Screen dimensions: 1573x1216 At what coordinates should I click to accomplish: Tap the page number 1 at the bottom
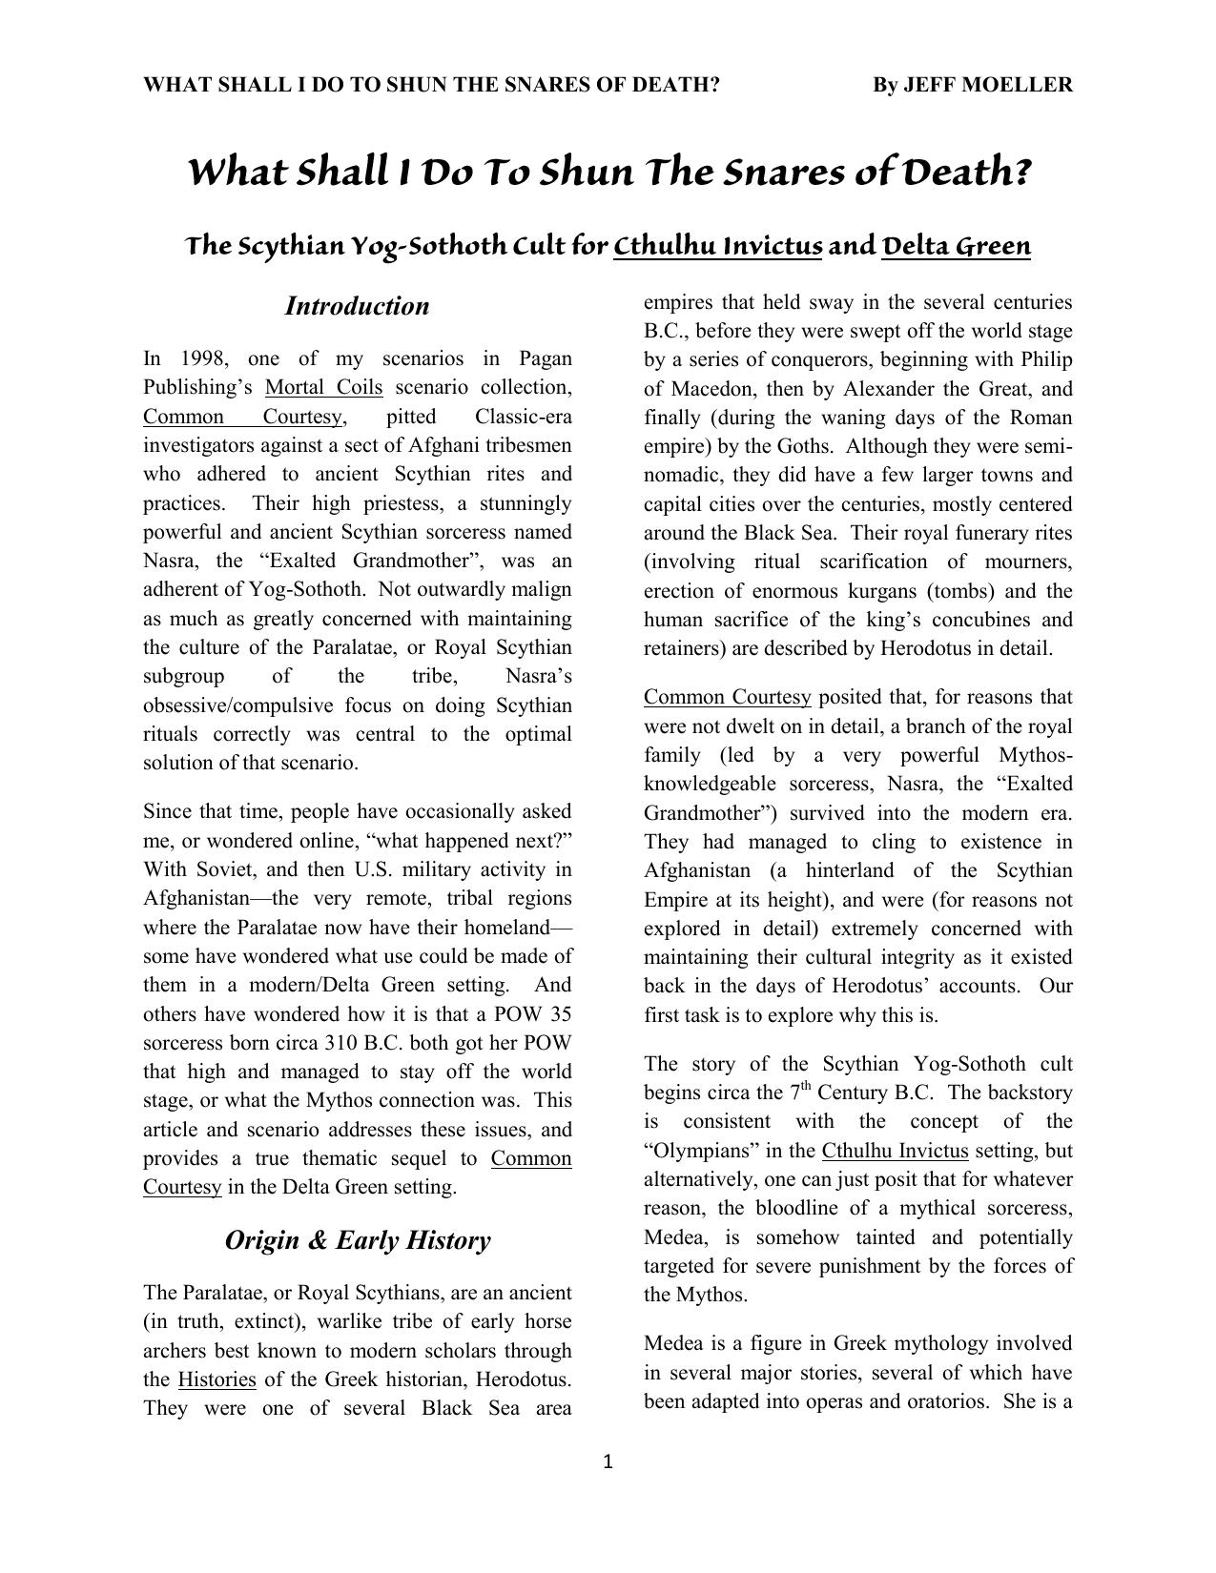click(608, 1462)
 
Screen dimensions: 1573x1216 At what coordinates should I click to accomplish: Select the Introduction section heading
click(357, 306)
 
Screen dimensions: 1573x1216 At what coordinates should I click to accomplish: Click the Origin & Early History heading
click(357, 1240)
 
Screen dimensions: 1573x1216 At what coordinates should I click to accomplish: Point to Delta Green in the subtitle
click(957, 247)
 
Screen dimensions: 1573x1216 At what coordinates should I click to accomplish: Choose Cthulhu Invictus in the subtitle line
click(718, 247)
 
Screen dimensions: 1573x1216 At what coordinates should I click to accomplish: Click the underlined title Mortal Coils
click(323, 388)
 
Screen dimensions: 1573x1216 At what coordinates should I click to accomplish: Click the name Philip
click(1046, 359)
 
